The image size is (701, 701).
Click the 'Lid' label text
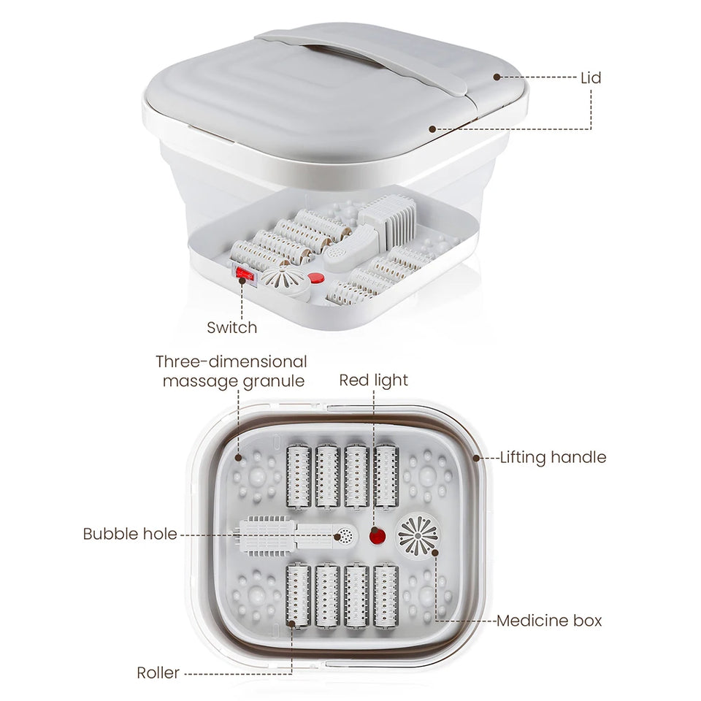pyautogui.click(x=591, y=77)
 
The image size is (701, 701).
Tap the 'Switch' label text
pyautogui.click(x=231, y=327)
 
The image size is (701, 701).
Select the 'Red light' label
pyautogui.click(x=373, y=380)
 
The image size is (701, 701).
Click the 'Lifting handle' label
pyautogui.click(x=553, y=458)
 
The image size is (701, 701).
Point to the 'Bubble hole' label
pyautogui.click(x=130, y=534)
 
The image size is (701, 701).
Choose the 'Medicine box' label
pyautogui.click(x=549, y=621)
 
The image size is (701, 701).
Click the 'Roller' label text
pyautogui.click(x=158, y=673)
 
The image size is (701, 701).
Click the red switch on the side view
pyautogui.click(x=243, y=276)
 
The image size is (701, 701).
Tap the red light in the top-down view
pyautogui.click(x=377, y=537)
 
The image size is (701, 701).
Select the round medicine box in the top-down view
pyautogui.click(x=418, y=535)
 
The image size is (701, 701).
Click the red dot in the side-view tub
pyautogui.click(x=315, y=277)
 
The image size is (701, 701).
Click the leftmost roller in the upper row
pyautogui.click(x=299, y=475)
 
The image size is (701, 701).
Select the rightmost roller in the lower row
pyautogui.click(x=386, y=596)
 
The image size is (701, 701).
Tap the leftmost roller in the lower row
pyautogui.click(x=299, y=596)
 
